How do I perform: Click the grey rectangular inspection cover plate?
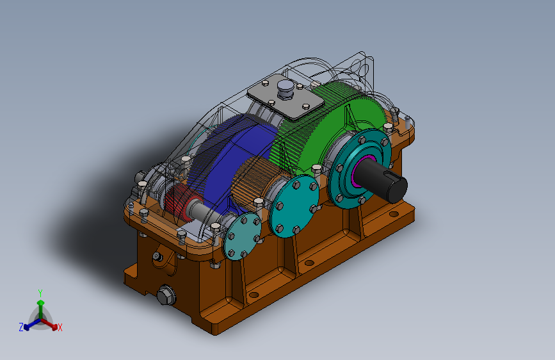point(286,97)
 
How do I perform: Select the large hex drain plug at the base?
point(166,295)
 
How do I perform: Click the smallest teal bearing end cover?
point(242,236)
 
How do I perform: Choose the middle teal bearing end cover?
point(294,207)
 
